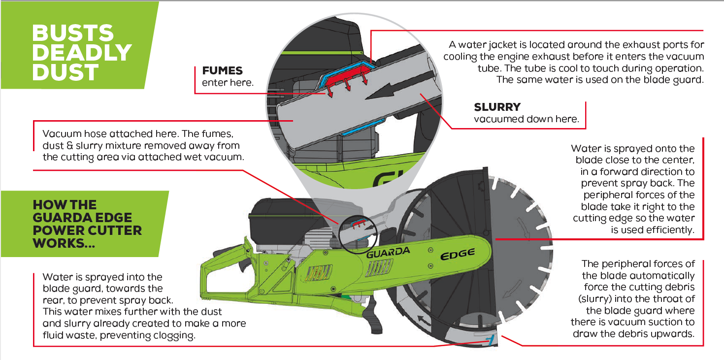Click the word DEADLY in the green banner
click(x=82, y=53)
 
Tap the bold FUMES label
click(x=223, y=71)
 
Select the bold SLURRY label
click(x=497, y=107)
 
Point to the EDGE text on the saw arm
click(x=458, y=254)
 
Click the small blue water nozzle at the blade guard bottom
click(x=490, y=339)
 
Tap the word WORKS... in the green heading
click(x=64, y=243)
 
